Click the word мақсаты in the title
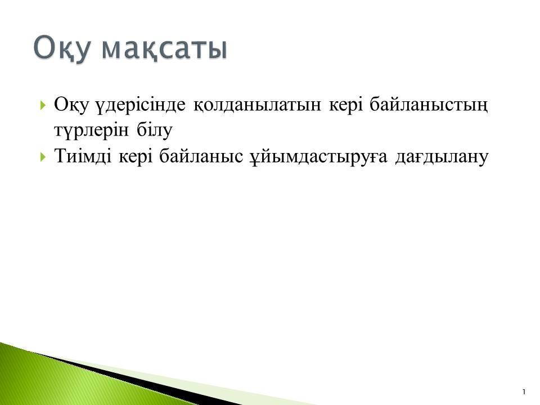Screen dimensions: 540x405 click(165, 48)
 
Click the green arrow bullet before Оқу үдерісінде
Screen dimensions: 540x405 click(43, 105)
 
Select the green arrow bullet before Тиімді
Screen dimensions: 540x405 click(43, 157)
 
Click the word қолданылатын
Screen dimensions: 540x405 click(257, 105)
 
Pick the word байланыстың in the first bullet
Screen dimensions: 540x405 click(429, 105)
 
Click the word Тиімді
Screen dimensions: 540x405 click(83, 156)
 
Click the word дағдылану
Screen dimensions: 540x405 click(442, 157)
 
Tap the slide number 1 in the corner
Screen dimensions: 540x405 click(524, 392)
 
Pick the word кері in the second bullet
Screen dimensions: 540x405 click(136, 157)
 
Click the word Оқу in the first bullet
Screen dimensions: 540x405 click(71, 105)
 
